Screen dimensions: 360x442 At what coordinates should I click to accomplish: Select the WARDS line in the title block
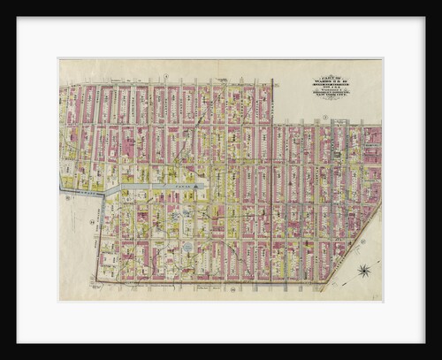[x=331, y=82]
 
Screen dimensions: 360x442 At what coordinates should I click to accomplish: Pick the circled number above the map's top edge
[x=165, y=77]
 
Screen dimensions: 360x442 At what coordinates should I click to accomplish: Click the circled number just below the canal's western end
[x=66, y=198]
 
